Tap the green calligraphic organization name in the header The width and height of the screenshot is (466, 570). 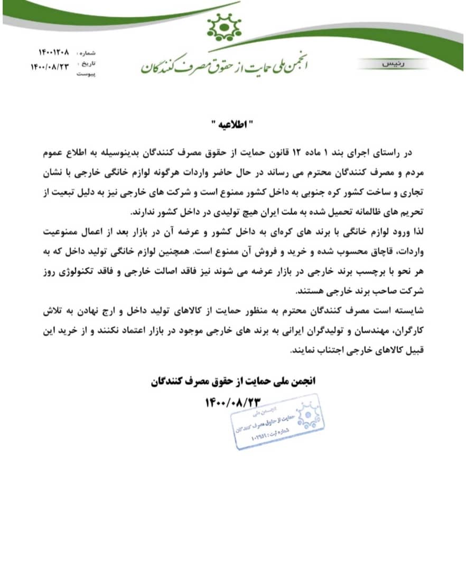click(225, 65)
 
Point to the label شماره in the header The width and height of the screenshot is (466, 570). click(88, 53)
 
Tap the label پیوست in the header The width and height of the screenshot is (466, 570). click(86, 75)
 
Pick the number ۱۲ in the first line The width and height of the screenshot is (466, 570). click(297, 154)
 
